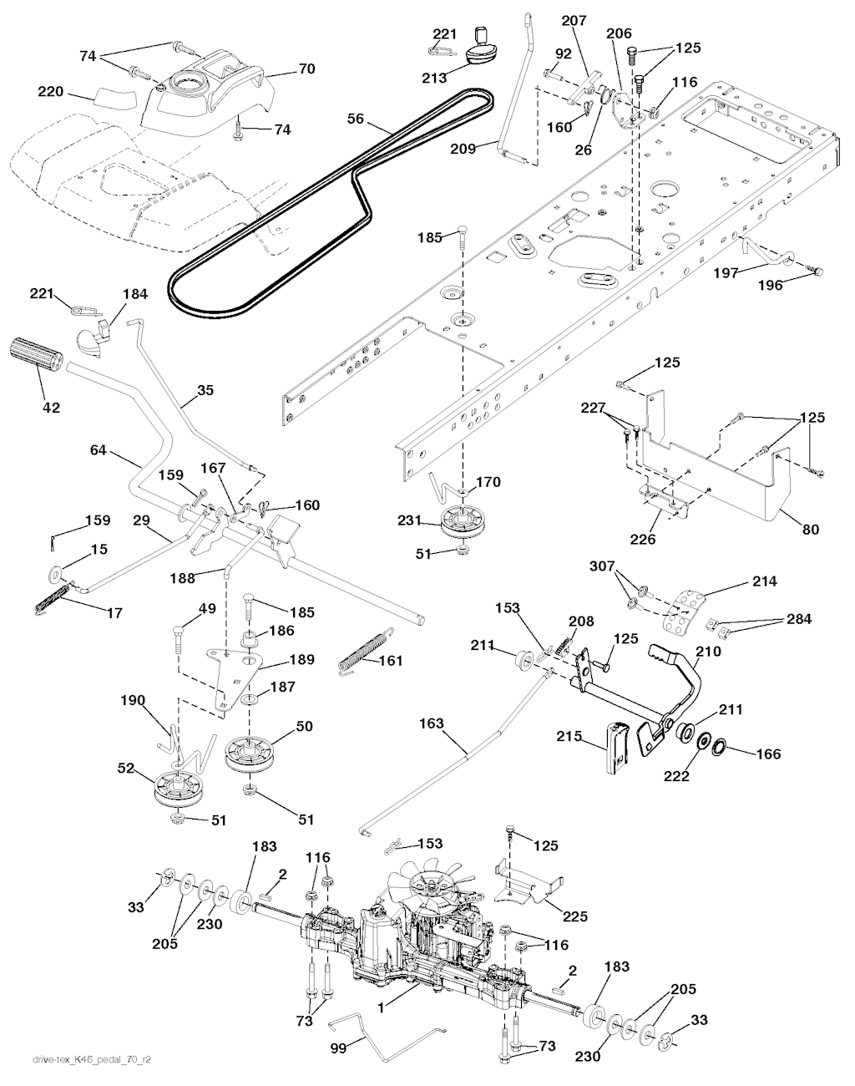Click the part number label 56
pos(357,119)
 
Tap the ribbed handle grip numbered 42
pos(37,355)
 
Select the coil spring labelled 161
pos(363,649)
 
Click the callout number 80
pos(810,529)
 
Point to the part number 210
pos(707,651)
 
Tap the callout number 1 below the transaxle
pos(381,1008)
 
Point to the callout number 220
pos(51,93)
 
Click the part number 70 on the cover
pos(306,69)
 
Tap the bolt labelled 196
pos(817,270)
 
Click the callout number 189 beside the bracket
pos(301,660)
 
